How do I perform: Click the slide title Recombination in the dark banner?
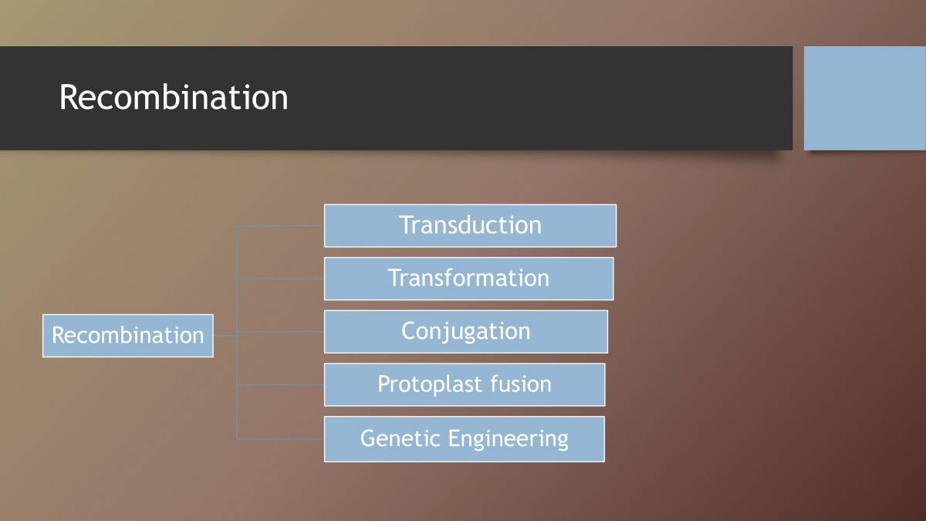tap(174, 98)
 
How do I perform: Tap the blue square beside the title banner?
tap(864, 98)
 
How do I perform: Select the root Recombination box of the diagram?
tap(127, 336)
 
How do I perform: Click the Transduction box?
tap(470, 225)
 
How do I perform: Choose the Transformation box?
tap(468, 278)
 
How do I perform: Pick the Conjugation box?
tap(465, 331)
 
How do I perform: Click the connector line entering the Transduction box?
tap(280, 226)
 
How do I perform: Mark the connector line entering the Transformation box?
tap(280, 279)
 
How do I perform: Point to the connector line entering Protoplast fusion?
tap(280, 384)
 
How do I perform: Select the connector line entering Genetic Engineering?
tap(280, 439)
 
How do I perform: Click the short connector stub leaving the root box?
tap(225, 336)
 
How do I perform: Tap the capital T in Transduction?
tap(407, 225)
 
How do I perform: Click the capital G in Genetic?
tap(369, 438)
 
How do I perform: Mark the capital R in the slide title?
tap(69, 98)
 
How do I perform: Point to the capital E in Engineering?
tap(455, 438)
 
